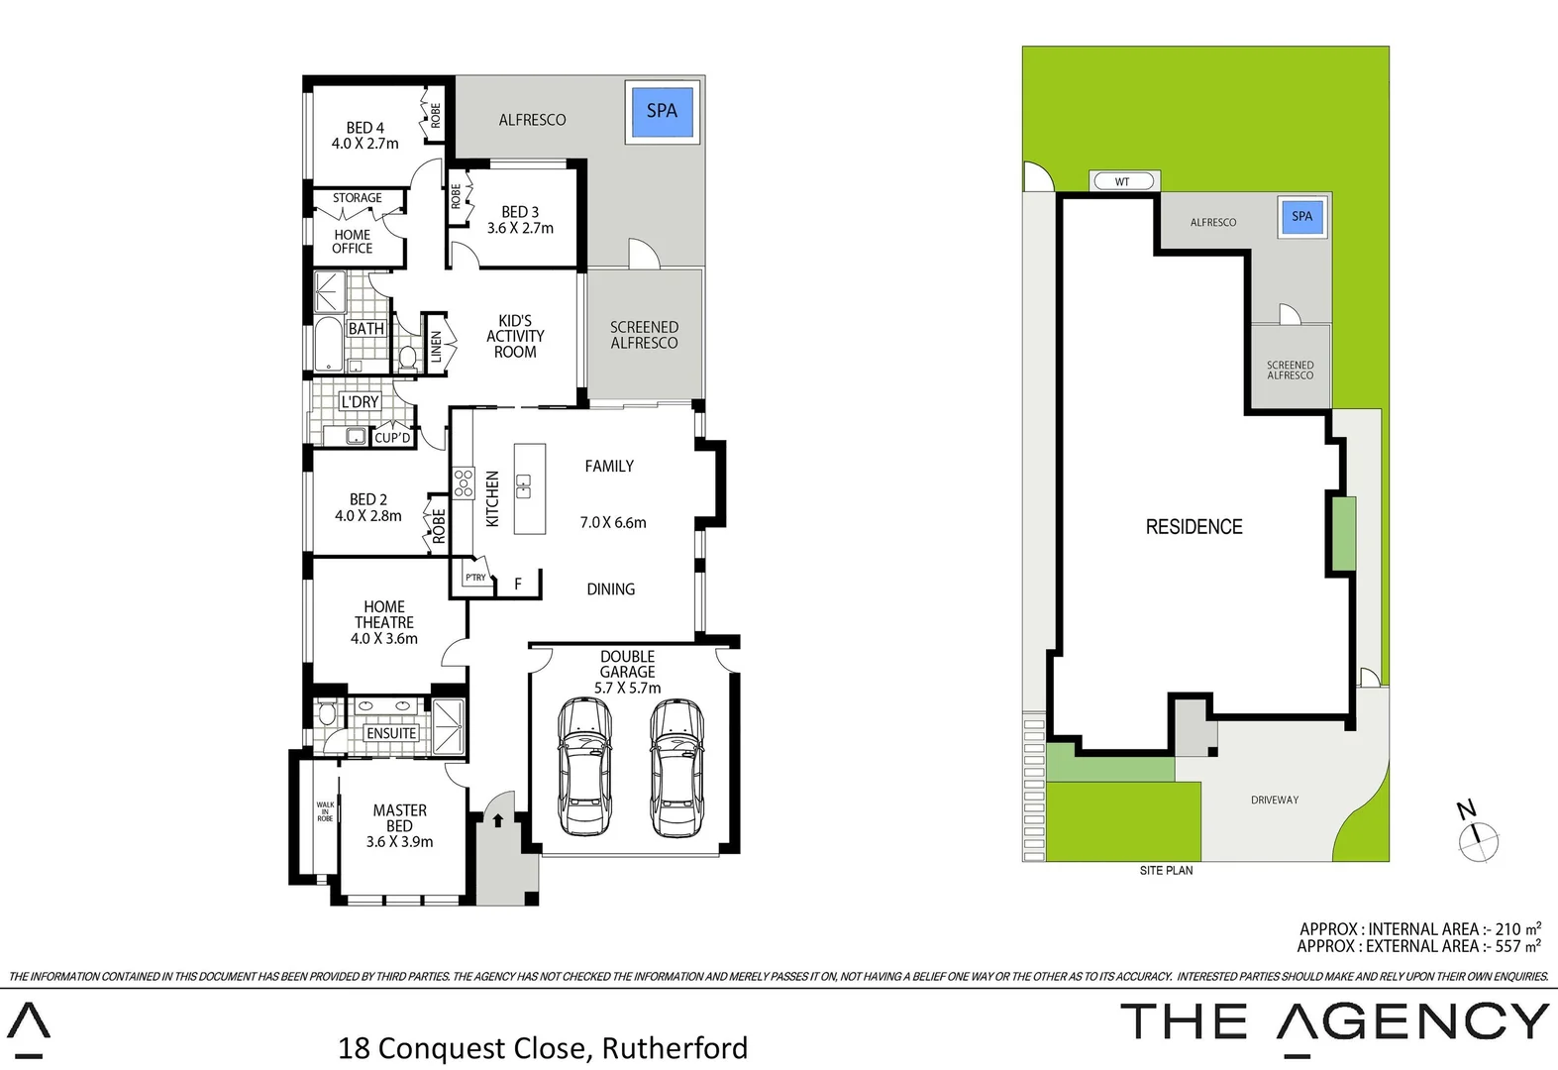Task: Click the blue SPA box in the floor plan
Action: (662, 111)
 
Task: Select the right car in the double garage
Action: (676, 766)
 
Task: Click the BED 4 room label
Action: (364, 136)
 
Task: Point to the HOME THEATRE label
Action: (384, 622)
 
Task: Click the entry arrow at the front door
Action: (498, 820)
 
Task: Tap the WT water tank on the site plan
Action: (1122, 181)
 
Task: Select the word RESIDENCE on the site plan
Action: (1194, 527)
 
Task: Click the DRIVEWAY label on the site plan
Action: (1275, 800)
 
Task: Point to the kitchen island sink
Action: (523, 486)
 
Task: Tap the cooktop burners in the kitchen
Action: (464, 483)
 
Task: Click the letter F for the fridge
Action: (517, 585)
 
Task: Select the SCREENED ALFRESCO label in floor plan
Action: (644, 335)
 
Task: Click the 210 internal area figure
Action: (1507, 929)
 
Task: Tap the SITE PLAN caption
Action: (1166, 871)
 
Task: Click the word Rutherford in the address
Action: (675, 1047)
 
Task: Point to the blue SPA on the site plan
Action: (1301, 217)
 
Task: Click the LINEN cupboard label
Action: (436, 346)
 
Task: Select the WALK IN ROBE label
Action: (325, 811)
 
